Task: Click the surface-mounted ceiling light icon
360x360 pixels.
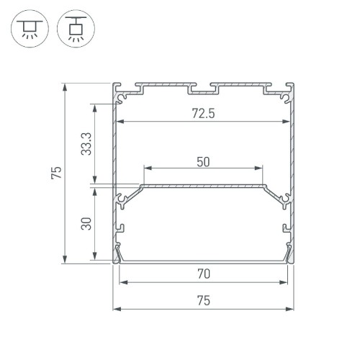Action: [28, 28]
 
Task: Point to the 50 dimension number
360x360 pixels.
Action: [203, 161]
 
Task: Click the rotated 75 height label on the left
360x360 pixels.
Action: [56, 173]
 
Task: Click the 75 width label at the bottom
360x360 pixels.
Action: [204, 302]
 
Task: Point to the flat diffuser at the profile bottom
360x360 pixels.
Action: [204, 261]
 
